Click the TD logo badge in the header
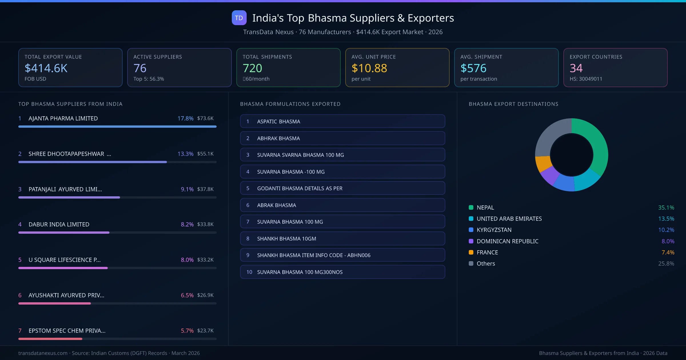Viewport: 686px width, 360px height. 239,18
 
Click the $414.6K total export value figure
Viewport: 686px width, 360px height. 46,68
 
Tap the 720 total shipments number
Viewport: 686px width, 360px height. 252,68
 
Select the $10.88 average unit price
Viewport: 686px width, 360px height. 369,68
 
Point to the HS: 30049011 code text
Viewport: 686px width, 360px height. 586,79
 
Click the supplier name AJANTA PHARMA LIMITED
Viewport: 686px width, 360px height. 63,118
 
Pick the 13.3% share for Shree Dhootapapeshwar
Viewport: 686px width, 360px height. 185,154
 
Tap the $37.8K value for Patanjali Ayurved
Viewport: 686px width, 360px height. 205,189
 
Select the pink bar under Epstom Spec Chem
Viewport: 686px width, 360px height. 50,339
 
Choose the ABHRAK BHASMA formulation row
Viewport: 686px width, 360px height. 342,138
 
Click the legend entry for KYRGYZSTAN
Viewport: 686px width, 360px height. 494,230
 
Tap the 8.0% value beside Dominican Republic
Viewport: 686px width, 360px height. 668,241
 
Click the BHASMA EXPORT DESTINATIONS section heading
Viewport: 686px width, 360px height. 513,104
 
